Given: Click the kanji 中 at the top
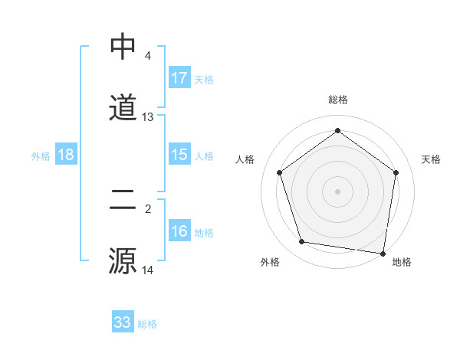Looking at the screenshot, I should tap(123, 47).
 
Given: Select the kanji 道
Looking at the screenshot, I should tap(123, 107).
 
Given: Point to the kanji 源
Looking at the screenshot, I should tap(123, 260).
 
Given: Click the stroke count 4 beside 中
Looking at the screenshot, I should tap(147, 56).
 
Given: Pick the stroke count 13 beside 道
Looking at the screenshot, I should tap(148, 117).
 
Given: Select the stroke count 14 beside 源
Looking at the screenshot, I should tap(148, 270).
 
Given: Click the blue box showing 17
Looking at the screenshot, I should tap(179, 78).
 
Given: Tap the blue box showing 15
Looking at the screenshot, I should tap(179, 155).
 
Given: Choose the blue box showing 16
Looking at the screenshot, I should tap(179, 231).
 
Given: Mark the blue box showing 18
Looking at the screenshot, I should tap(66, 155).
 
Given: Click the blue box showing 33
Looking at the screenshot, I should tap(122, 322).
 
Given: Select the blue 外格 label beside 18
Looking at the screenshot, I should tap(41, 155).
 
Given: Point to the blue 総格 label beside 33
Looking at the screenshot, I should tap(147, 323).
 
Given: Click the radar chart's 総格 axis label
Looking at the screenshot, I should tap(337, 100).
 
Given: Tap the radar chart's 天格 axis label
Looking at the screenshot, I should tap(431, 159).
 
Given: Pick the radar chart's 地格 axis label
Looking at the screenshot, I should tap(402, 263).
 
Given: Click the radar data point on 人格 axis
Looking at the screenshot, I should tap(279, 173).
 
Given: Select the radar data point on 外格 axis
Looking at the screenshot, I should tap(302, 242).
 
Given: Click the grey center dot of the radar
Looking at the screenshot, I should tap(337, 190).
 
